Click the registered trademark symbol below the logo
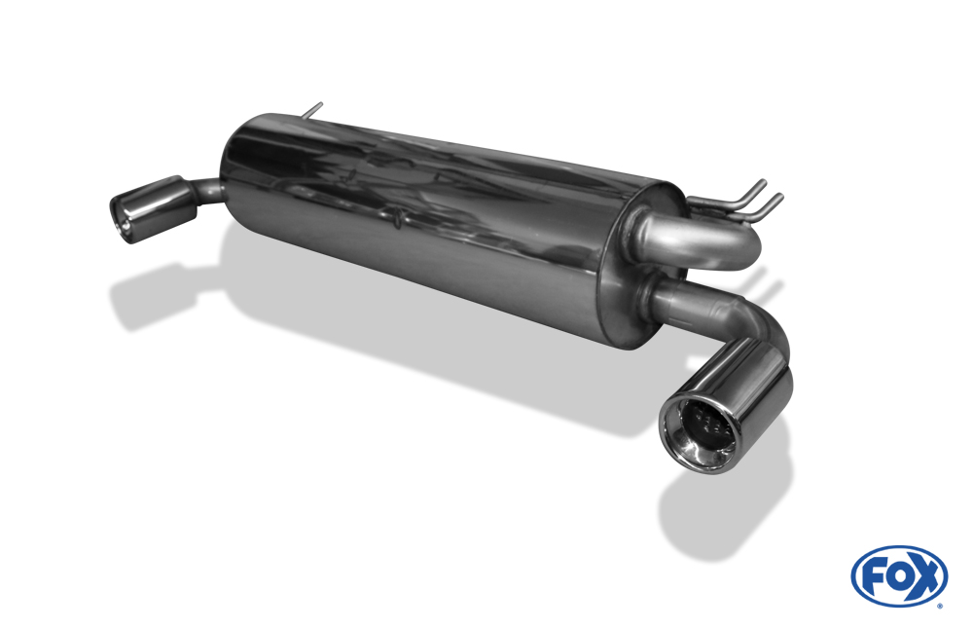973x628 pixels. click(x=940, y=606)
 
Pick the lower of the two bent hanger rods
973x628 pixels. click(x=754, y=209)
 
